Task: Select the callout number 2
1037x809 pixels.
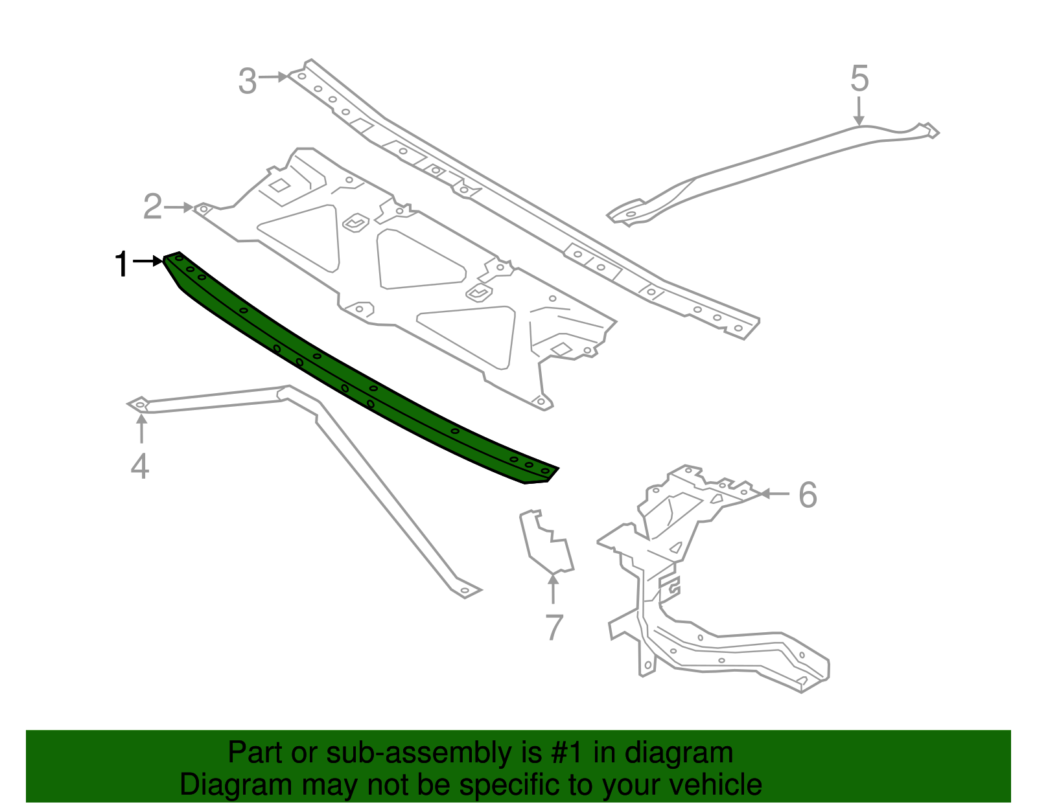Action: (152, 207)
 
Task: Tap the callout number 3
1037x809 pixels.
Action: (248, 82)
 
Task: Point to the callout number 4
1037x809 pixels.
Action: (140, 466)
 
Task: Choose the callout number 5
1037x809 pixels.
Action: (859, 79)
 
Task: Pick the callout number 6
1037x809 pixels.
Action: (808, 496)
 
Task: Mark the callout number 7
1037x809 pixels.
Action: (554, 627)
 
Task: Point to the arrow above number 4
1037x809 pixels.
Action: (141, 427)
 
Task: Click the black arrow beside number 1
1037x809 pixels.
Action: (148, 261)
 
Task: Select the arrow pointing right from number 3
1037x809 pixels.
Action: (273, 77)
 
